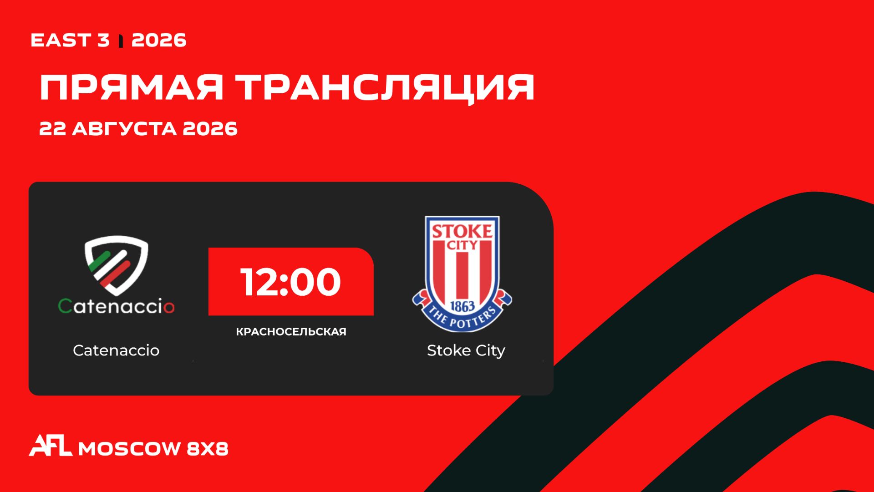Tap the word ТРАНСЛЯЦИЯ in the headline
click(x=386, y=88)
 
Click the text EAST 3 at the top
click(x=70, y=41)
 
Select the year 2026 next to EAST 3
click(x=159, y=41)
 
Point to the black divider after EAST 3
click(x=121, y=41)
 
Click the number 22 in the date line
click(x=53, y=129)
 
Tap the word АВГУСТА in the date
click(x=124, y=129)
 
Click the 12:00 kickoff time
click(x=291, y=282)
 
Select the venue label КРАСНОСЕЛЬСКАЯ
click(x=291, y=332)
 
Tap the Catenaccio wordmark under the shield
click(x=117, y=306)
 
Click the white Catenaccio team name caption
click(x=116, y=350)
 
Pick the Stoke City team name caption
click(x=466, y=351)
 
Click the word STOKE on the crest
click(x=462, y=231)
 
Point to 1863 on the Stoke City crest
click(x=462, y=306)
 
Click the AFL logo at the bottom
click(x=51, y=446)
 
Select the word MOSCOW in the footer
click(x=130, y=449)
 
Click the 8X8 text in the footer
click(x=208, y=449)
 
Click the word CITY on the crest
click(x=462, y=245)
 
